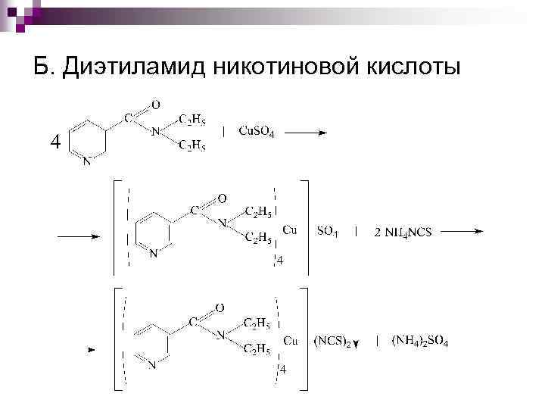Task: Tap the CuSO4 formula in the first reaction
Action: (256, 131)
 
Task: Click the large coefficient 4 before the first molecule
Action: (53, 142)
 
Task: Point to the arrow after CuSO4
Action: (307, 132)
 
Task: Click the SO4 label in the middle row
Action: (327, 231)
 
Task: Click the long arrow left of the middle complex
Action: (79, 236)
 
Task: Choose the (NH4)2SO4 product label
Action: (420, 342)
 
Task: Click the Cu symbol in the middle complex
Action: (290, 229)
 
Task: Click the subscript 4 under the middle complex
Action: (279, 261)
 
